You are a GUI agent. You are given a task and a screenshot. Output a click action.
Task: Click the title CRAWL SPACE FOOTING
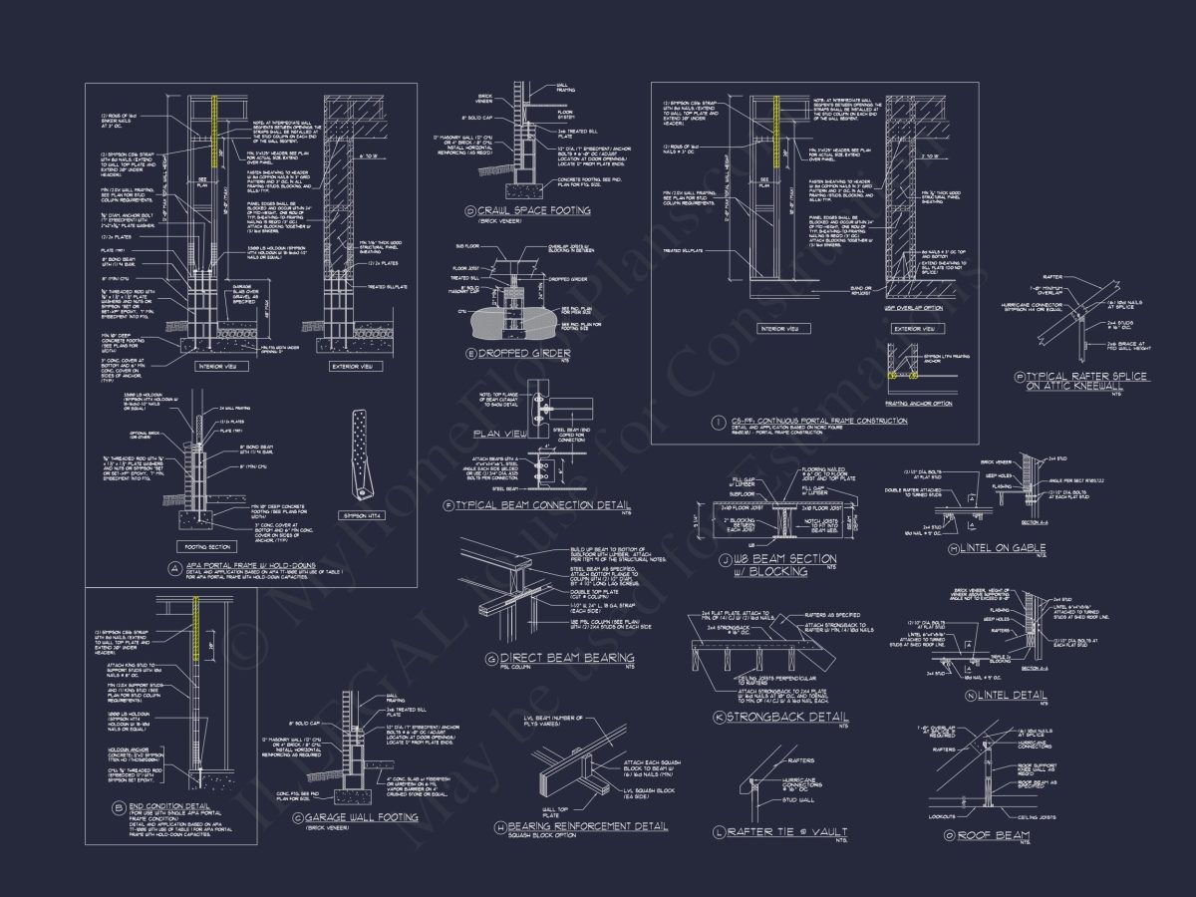point(535,211)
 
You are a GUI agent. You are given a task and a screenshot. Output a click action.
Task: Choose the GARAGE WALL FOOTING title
point(339,817)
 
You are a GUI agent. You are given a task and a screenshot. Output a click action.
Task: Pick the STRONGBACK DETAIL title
point(787,718)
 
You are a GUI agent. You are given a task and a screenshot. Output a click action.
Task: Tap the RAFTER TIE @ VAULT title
point(786,832)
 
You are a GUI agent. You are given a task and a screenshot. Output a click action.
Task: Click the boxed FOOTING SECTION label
point(205,547)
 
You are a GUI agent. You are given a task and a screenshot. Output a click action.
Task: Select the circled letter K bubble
point(720,718)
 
